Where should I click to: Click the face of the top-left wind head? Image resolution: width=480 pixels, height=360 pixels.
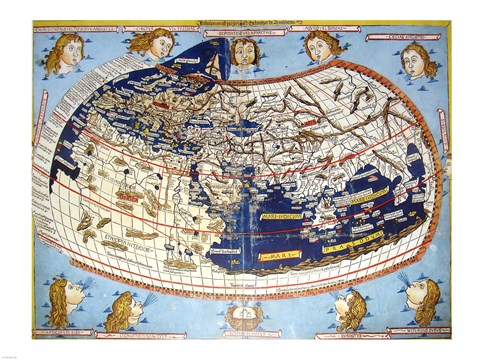click(x=61, y=52)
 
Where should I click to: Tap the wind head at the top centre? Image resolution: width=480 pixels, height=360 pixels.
click(x=242, y=53)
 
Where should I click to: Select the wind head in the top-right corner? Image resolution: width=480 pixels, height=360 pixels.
click(x=417, y=60)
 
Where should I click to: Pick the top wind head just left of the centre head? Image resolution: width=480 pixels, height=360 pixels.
click(x=152, y=42)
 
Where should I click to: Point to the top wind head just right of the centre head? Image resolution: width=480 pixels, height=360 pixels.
click(x=322, y=44)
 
